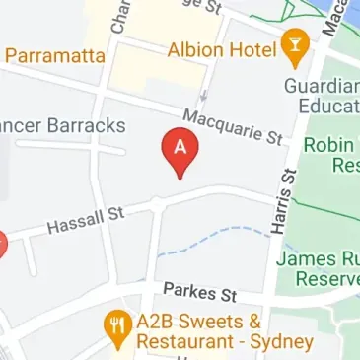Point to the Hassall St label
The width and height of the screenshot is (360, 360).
click(x=86, y=220)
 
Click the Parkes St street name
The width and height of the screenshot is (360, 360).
click(x=200, y=292)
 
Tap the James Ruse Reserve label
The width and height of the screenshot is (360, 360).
click(x=318, y=269)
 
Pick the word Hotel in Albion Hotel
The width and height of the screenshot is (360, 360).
click(x=252, y=48)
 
